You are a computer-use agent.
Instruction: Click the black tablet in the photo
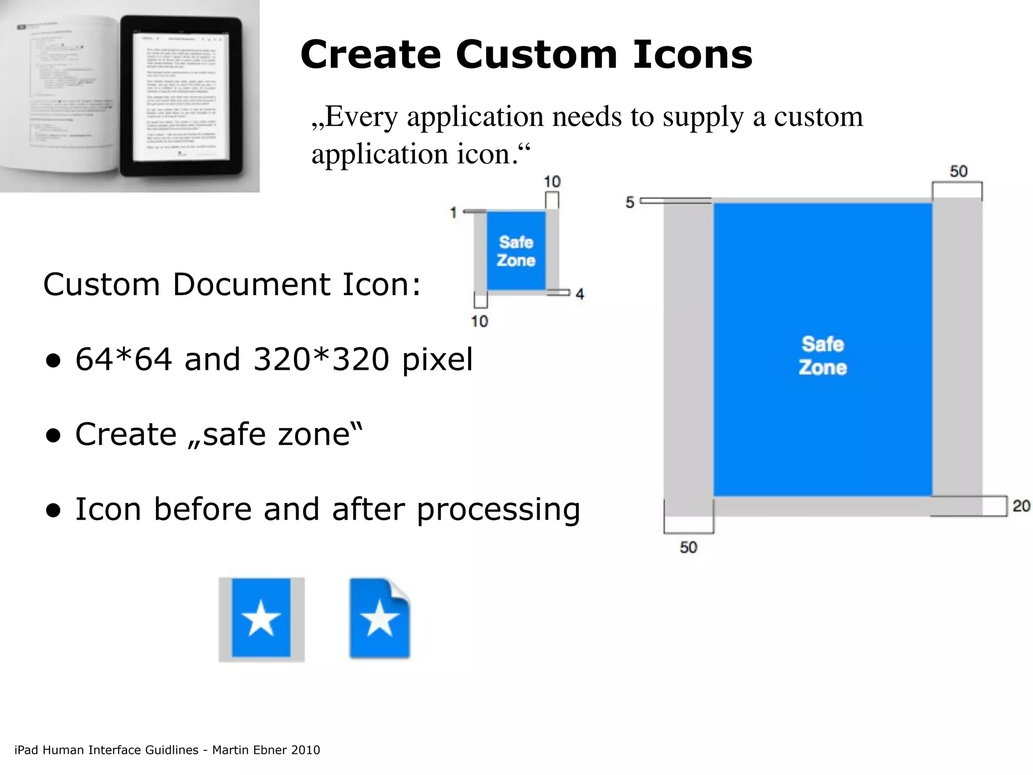point(181,96)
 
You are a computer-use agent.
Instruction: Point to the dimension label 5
point(629,202)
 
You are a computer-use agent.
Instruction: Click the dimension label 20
point(1021,506)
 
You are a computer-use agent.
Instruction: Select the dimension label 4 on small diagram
point(580,294)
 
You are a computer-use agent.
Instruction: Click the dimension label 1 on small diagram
point(453,212)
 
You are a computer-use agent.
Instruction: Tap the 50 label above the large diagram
point(958,171)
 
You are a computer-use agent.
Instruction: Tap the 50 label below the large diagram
point(688,547)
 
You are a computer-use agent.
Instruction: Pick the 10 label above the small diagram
point(552,182)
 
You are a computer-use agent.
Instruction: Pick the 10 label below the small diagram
point(479,321)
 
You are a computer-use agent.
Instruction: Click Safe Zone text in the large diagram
point(823,356)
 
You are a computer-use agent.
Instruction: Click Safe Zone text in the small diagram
point(516,251)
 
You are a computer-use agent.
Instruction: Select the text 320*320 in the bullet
point(321,359)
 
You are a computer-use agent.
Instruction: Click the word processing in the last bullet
point(498,510)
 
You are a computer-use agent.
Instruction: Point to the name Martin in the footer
point(229,750)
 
